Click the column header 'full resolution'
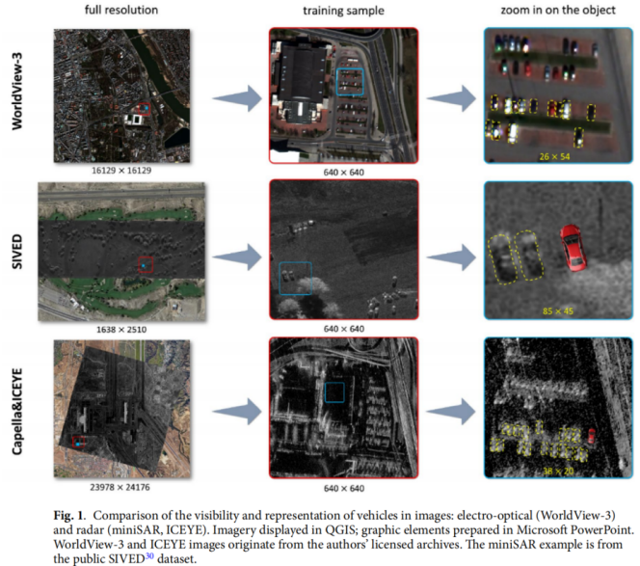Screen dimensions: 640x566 coord(121,10)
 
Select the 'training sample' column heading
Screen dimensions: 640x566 coord(343,11)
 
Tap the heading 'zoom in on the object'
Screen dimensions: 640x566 coord(558,10)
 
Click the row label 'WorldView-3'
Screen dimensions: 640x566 coord(17,92)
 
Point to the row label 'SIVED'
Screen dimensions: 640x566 coord(16,252)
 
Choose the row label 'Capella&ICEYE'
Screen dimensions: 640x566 coord(16,411)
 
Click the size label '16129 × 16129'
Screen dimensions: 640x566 coord(121,171)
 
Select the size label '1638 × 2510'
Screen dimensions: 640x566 coord(121,330)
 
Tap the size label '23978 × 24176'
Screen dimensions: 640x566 coord(120,487)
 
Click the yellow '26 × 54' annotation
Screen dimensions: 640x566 coord(554,156)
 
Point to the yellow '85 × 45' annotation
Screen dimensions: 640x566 coord(557,311)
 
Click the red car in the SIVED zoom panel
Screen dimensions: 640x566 coord(573,248)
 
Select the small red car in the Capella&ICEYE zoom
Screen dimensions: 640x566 coord(591,436)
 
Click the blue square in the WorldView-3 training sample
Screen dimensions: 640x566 coord(336,82)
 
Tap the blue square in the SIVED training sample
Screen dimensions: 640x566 coord(280,279)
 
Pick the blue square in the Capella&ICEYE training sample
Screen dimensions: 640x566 coord(325,392)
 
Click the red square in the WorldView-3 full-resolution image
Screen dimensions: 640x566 coord(139,109)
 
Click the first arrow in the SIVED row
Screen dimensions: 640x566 coord(237,256)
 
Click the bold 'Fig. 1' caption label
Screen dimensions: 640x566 coord(69,515)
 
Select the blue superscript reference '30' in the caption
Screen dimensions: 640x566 coord(149,555)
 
